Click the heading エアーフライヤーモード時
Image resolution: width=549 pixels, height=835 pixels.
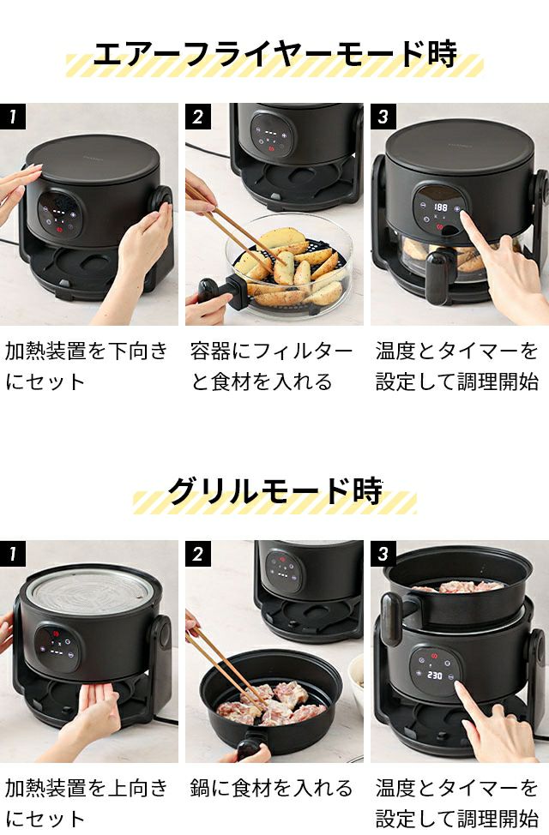coord(275,53)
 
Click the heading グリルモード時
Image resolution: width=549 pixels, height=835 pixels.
coord(275,490)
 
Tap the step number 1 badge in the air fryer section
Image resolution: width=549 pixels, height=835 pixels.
coord(13,116)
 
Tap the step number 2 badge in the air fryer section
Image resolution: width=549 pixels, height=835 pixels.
coord(198,116)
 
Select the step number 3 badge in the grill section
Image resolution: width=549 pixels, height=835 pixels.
coord(383,553)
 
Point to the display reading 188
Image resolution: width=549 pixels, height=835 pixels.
coord(440,207)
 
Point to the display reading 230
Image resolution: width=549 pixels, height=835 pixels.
coord(434,675)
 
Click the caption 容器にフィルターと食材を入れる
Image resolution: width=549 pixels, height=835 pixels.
coord(271,366)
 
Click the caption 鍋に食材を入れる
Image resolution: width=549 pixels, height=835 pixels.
coord(271,788)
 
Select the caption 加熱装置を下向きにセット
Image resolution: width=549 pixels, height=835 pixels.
coord(87,366)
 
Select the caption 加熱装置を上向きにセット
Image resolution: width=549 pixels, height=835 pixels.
coord(87,803)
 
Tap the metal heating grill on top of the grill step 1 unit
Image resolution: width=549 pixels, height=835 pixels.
coord(89,592)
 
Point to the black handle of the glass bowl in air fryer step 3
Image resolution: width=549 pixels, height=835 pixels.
coord(441,270)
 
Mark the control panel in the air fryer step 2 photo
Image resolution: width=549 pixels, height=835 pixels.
coord(272,135)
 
